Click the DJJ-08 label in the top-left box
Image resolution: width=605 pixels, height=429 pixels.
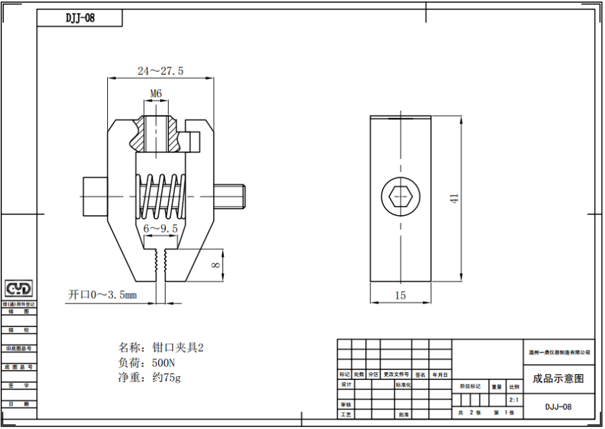coord(80,18)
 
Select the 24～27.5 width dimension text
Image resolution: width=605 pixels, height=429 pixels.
coord(160,70)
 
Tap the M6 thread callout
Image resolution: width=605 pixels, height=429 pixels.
coord(155,93)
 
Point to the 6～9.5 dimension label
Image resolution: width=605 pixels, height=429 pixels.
coord(161,229)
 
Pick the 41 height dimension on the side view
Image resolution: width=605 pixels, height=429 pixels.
coord(454,198)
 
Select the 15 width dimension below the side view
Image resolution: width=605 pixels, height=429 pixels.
coord(400,295)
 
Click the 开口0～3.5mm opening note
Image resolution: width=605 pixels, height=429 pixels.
coord(102,294)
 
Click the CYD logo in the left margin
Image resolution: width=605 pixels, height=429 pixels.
coord(19,289)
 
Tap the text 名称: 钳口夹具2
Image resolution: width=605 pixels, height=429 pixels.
coord(160,348)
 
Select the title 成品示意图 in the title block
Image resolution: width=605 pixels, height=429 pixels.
coord(557,379)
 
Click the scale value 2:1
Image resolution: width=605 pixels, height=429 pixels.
coord(514,400)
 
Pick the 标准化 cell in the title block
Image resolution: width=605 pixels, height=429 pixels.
coord(403,385)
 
